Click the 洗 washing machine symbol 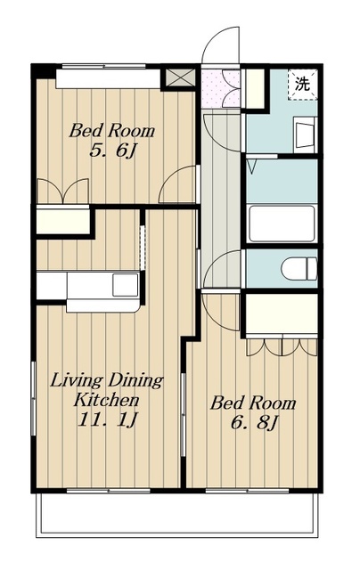pyautogui.click(x=303, y=84)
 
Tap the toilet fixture pyautogui.click(x=299, y=269)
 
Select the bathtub pyautogui.click(x=281, y=224)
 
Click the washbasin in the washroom pyautogui.click(x=303, y=134)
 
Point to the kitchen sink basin pyautogui.click(x=125, y=285)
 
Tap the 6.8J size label pyautogui.click(x=254, y=422)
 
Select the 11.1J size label pyautogui.click(x=106, y=419)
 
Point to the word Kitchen pyautogui.click(x=106, y=400)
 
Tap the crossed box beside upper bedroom pyautogui.click(x=180, y=77)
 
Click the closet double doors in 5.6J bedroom pyautogui.click(x=63, y=190)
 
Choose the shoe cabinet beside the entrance pyautogui.click(x=255, y=88)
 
